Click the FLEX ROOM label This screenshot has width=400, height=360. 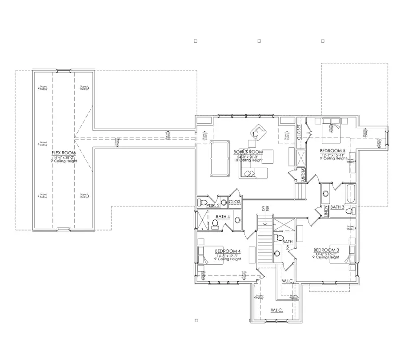tap(64, 153)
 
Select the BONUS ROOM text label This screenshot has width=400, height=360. tap(248, 152)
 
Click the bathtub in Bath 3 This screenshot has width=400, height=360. tap(350, 194)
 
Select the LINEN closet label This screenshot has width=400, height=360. tap(326, 211)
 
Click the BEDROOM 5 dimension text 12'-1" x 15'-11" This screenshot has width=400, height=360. tap(333, 155)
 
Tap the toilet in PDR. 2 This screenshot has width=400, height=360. tap(204, 203)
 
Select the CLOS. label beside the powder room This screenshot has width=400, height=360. tap(235, 202)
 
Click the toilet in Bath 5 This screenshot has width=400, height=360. tap(280, 239)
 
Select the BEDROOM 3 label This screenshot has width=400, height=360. tap(326, 250)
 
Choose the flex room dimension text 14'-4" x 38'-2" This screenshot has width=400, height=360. tap(64, 158)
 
